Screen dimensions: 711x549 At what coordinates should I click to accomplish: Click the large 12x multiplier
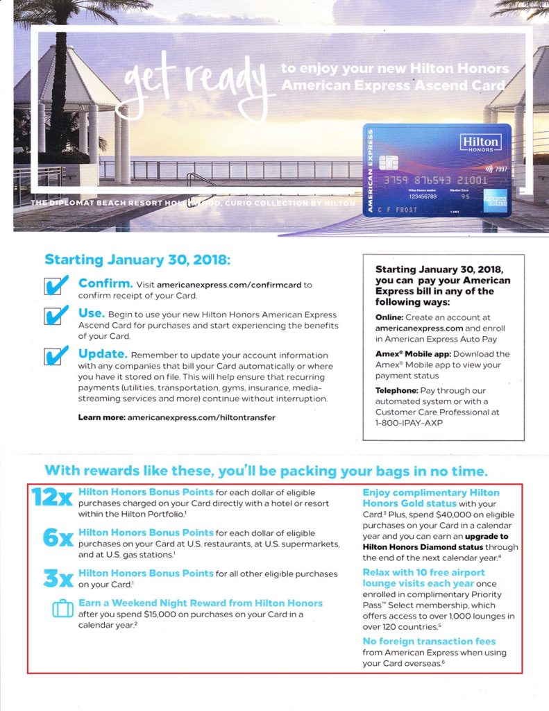coord(53,499)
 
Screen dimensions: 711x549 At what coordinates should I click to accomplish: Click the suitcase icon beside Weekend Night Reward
coord(63,609)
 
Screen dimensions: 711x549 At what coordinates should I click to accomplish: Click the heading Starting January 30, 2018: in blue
coord(136,260)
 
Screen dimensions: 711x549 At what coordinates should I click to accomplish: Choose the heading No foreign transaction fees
coord(429,641)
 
